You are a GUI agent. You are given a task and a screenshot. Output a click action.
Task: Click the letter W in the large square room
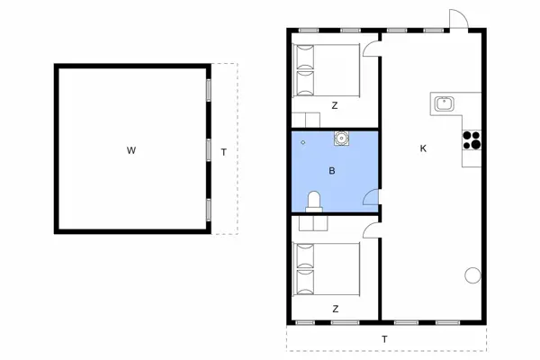pyautogui.click(x=131, y=150)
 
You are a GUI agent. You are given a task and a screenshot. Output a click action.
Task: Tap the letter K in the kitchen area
pyautogui.click(x=423, y=148)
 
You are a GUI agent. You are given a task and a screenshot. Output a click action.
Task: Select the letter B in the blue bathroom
pyautogui.click(x=332, y=170)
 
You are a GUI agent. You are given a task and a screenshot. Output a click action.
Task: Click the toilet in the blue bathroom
pyautogui.click(x=314, y=202)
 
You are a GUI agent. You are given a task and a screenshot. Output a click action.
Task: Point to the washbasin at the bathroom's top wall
pyautogui.click(x=341, y=138)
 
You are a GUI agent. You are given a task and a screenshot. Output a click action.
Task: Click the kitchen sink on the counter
pyautogui.click(x=444, y=103)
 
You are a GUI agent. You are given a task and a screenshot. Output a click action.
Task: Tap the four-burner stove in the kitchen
pyautogui.click(x=472, y=139)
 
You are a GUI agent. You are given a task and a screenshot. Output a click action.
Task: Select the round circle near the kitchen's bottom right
pyautogui.click(x=472, y=275)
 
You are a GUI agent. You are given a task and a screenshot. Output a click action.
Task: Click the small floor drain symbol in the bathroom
pyautogui.click(x=303, y=142)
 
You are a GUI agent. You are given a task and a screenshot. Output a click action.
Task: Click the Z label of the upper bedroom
pyautogui.click(x=335, y=106)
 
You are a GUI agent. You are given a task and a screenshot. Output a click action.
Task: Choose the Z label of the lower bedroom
pyautogui.click(x=336, y=309)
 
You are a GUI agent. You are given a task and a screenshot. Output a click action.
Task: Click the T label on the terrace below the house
pyautogui.click(x=384, y=339)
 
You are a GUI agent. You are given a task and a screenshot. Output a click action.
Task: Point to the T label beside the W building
pyautogui.click(x=224, y=152)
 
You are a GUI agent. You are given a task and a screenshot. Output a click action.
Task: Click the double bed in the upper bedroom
pyautogui.click(x=326, y=70)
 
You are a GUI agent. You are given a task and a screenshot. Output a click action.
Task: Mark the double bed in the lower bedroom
pyautogui.click(x=326, y=269)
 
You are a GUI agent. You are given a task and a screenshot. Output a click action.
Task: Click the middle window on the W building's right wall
pyautogui.click(x=209, y=150)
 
